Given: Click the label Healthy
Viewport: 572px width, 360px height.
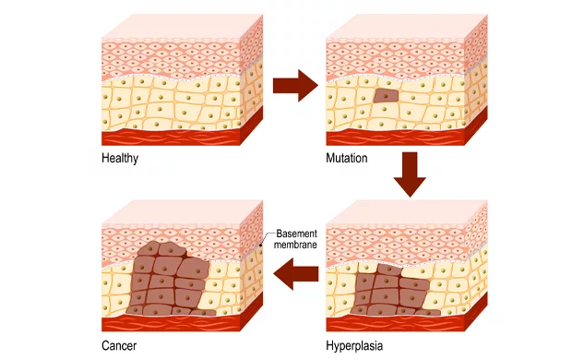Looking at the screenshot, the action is coord(120,159).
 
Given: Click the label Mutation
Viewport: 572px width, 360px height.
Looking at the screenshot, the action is coord(347,158).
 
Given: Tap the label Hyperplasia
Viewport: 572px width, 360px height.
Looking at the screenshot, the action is coord(354,346).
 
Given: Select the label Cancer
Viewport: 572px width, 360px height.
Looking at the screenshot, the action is coord(119,345).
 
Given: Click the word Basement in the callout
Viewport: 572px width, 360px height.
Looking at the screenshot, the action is coord(296,234).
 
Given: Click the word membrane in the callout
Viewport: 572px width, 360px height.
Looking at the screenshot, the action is coord(295,245).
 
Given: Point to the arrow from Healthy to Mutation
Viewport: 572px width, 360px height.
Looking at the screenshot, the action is coord(295,86).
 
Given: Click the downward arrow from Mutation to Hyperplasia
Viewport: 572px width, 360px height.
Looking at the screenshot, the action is coord(410,174).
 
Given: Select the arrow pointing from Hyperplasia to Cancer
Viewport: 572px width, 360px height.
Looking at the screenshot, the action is coord(295,273).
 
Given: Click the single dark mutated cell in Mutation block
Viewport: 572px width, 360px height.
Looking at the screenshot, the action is coord(386,96).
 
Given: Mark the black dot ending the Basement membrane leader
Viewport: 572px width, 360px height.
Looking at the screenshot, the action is coord(260,245).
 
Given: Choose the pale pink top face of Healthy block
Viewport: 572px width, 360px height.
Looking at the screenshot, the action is coord(183,26).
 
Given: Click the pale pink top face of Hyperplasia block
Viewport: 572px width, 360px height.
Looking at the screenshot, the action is coord(407,212).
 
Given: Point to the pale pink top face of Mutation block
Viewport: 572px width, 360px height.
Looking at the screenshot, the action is coord(407,26).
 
